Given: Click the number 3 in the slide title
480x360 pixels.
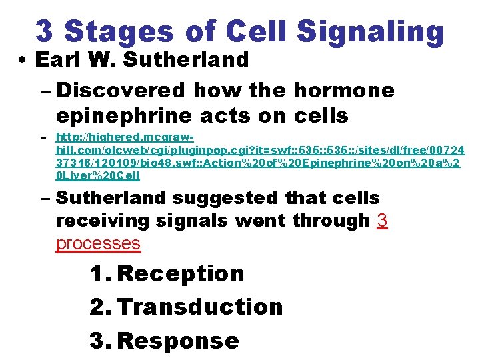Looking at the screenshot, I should point(45,31).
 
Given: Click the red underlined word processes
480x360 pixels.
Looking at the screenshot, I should point(98,243).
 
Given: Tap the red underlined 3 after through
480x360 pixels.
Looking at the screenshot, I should point(382,221).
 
